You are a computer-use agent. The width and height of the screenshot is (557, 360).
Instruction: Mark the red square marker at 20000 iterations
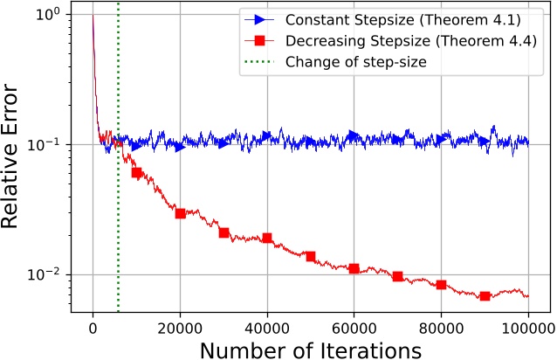pos(181,213)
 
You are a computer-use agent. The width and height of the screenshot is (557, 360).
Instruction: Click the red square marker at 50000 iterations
pos(311,256)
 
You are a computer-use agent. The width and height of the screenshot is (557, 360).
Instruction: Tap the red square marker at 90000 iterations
pos(485,296)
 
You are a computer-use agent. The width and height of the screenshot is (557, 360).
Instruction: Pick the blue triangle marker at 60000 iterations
pos(354,135)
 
